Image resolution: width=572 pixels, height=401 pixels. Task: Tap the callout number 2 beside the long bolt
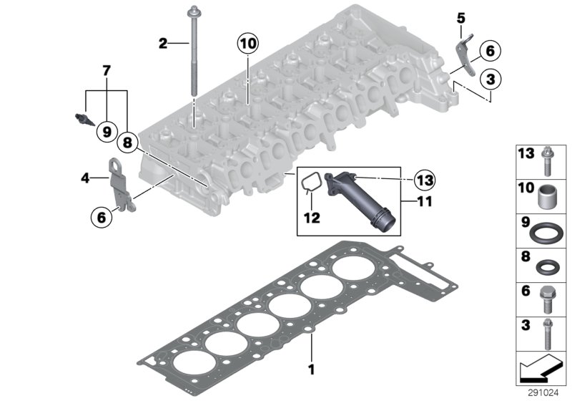[163, 44]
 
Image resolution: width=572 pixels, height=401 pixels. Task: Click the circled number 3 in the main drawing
[489, 77]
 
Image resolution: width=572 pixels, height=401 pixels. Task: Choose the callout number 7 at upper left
[107, 71]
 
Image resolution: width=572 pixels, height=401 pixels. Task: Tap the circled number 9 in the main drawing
[107, 132]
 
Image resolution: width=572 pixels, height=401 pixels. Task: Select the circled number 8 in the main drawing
[127, 142]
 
